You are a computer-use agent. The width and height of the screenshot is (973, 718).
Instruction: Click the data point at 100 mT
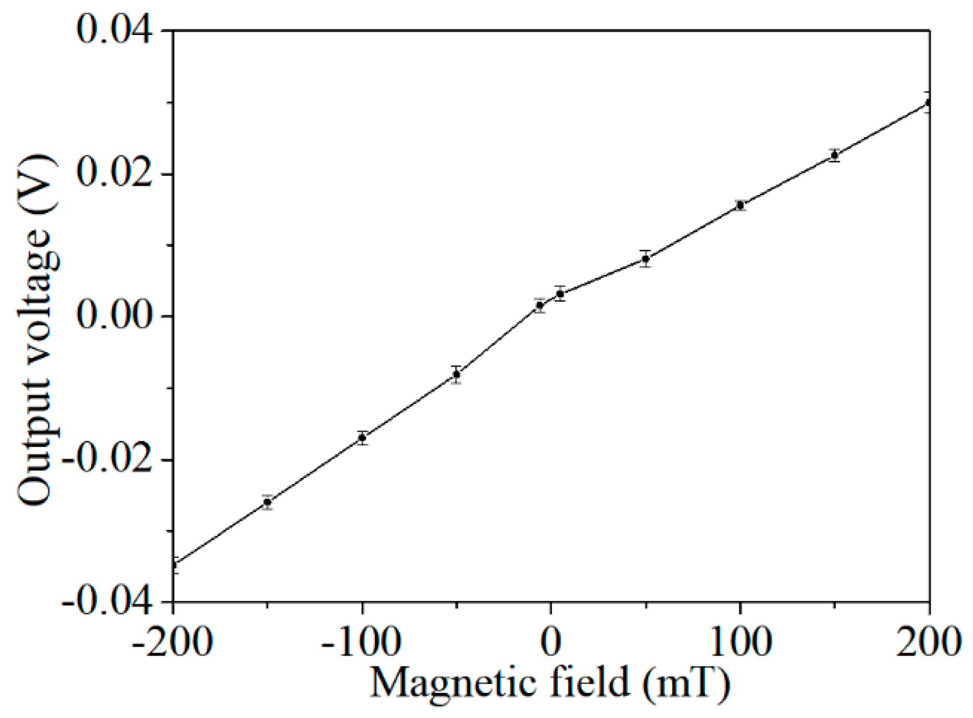click(740, 205)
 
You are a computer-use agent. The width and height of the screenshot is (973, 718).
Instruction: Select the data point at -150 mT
click(267, 502)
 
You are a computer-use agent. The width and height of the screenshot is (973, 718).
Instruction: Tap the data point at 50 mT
click(645, 259)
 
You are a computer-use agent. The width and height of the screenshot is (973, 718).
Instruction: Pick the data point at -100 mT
click(362, 437)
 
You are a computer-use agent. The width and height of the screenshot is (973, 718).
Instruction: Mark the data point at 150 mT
click(835, 155)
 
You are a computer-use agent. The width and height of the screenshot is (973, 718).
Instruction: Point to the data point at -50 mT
click(457, 375)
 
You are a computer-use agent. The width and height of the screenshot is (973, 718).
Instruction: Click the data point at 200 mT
click(928, 103)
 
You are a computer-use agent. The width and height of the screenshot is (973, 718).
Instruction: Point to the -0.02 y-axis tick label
click(109, 460)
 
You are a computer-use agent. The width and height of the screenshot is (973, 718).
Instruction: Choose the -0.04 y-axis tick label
click(109, 601)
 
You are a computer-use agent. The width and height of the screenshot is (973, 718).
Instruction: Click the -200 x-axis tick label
click(172, 641)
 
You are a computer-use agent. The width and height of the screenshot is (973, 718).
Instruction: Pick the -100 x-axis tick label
click(361, 641)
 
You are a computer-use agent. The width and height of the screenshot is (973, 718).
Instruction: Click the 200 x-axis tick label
click(929, 641)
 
